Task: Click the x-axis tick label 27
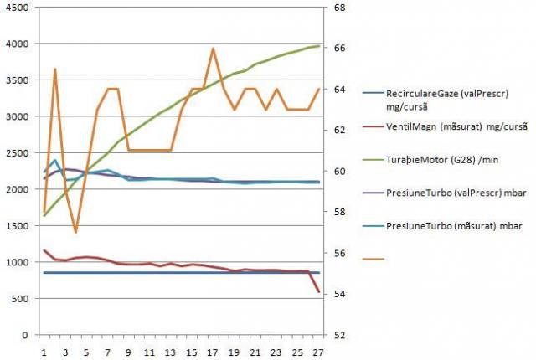coord(318,352)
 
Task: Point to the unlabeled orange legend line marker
coord(374,260)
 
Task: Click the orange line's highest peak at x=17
coord(213,49)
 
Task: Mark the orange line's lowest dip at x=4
coord(76,232)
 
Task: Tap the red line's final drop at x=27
coord(318,291)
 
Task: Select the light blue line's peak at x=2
coord(55,161)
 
